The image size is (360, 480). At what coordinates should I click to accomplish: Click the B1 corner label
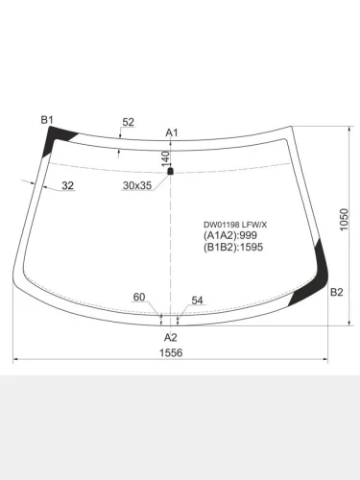(47, 120)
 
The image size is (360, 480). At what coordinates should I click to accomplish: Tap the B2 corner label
(336, 292)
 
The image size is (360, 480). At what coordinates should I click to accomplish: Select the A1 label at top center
(172, 132)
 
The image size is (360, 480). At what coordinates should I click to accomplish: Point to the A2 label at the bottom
(171, 337)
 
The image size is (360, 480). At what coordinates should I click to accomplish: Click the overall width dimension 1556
(171, 352)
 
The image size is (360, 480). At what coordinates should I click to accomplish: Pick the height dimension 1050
(344, 220)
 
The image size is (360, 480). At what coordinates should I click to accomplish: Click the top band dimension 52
(129, 122)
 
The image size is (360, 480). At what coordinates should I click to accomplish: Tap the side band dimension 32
(67, 185)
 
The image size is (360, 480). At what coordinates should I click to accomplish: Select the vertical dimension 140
(165, 159)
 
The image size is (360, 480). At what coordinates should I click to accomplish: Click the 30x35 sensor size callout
(137, 185)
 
